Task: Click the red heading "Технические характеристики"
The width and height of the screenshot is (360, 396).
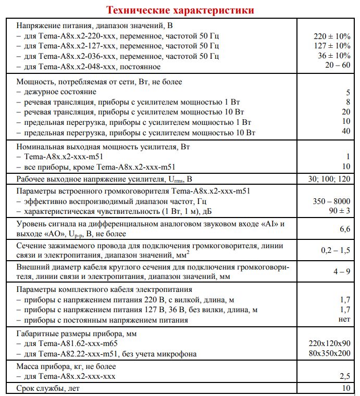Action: pos(180,10)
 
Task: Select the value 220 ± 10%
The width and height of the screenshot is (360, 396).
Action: pos(332,36)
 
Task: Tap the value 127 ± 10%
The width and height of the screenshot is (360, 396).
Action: pos(332,46)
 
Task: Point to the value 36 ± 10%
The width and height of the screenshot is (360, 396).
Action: pos(334,56)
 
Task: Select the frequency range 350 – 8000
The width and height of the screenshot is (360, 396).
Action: pos(331,201)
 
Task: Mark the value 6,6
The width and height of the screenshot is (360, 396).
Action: pos(344,228)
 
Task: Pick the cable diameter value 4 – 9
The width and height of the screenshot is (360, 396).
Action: pos(341,272)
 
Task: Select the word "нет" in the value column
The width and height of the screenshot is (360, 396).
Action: pos(344,320)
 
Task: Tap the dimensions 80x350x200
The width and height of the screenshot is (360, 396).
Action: pos(329,354)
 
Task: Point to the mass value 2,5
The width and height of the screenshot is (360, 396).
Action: pos(344,376)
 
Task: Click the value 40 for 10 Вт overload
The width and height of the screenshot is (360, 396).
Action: pos(345,132)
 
